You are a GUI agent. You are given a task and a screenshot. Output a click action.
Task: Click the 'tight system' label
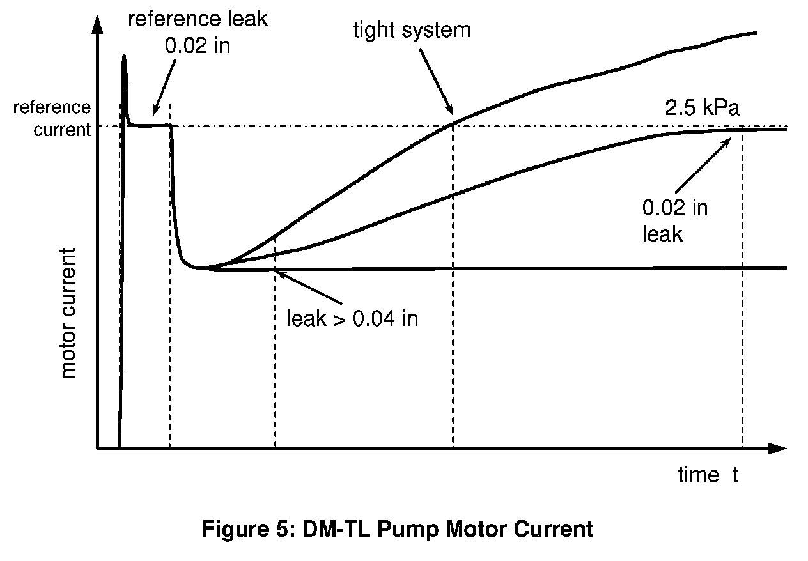412,30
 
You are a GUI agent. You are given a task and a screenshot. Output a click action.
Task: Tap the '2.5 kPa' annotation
702,108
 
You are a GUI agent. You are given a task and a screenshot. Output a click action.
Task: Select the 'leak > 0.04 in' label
352,318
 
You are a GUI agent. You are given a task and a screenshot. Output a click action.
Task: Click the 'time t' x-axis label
708,475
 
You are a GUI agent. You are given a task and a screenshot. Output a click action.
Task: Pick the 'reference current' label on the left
52,118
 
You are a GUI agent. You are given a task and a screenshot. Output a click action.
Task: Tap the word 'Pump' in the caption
418,530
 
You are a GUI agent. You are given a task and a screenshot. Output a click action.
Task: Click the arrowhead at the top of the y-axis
97,24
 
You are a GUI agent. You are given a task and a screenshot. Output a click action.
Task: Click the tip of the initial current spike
123,57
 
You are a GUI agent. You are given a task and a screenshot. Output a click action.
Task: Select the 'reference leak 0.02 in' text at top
198,31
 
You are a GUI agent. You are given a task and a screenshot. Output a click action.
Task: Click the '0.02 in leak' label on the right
674,221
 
